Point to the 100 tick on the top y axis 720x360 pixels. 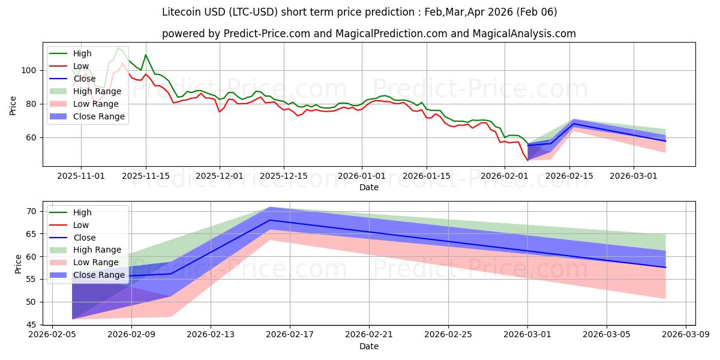point(30,70)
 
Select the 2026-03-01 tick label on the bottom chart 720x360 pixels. point(527,335)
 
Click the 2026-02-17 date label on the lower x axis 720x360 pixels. point(290,335)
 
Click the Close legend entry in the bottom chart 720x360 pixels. point(84,238)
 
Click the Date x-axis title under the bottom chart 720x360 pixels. point(369,346)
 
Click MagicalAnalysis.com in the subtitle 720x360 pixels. point(524,34)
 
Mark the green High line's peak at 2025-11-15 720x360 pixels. point(145,55)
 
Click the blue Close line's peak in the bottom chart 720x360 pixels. point(271,220)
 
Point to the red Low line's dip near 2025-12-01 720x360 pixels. point(220,112)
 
